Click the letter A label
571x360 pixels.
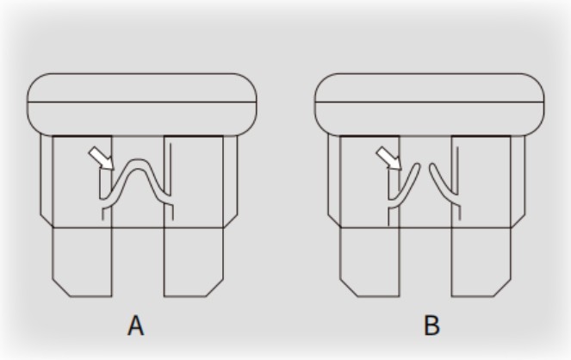pos(136,326)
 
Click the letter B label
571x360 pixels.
pos(431,326)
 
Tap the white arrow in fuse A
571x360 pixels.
pos(102,158)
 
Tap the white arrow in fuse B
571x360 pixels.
pos(389,158)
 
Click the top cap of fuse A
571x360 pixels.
pos(142,105)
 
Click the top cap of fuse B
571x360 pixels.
pos(430,105)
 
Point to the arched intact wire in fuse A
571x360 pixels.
pos(137,164)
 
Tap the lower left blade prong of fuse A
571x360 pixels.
pos(83,262)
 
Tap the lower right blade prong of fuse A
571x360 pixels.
pos(194,262)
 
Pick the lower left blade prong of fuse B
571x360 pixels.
pos(369,262)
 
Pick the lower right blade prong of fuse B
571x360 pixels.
pos(481,262)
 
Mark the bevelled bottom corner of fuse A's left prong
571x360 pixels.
pos(61,288)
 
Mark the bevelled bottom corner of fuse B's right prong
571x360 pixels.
pos(503,288)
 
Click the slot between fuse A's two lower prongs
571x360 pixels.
pos(138,262)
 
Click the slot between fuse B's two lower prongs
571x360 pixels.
pos(425,262)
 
